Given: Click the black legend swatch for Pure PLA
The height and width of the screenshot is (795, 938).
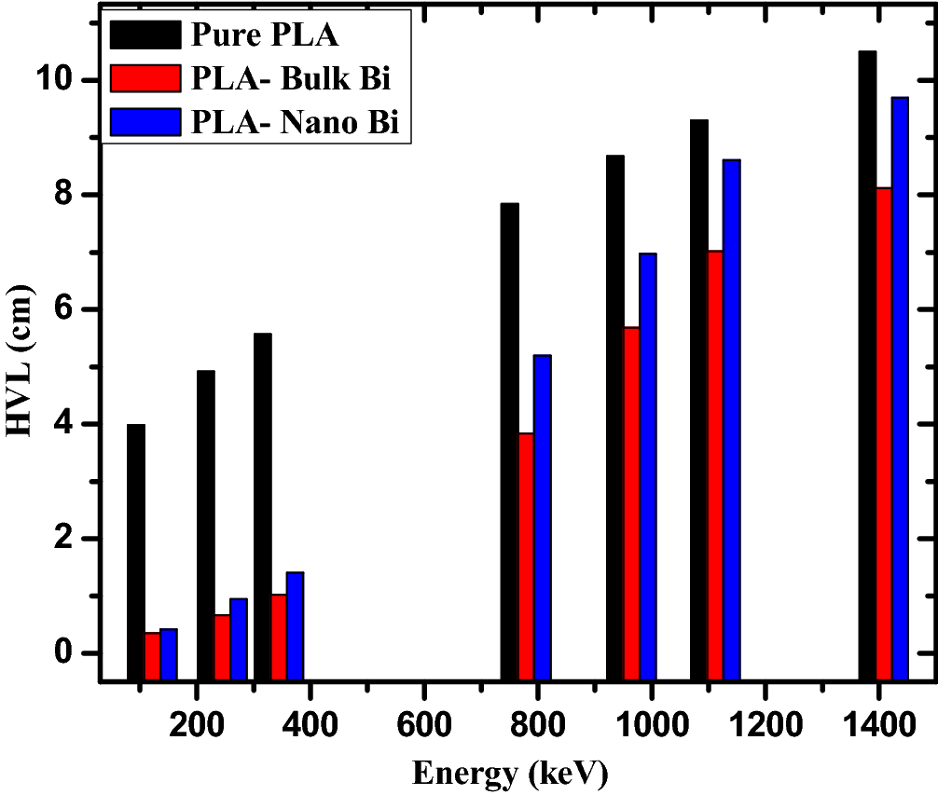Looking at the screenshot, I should pyautogui.click(x=144, y=34).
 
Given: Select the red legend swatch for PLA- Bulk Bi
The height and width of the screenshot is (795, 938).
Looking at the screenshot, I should pyautogui.click(x=144, y=78).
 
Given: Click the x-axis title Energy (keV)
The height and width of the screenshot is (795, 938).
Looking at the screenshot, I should pyautogui.click(x=510, y=772).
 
